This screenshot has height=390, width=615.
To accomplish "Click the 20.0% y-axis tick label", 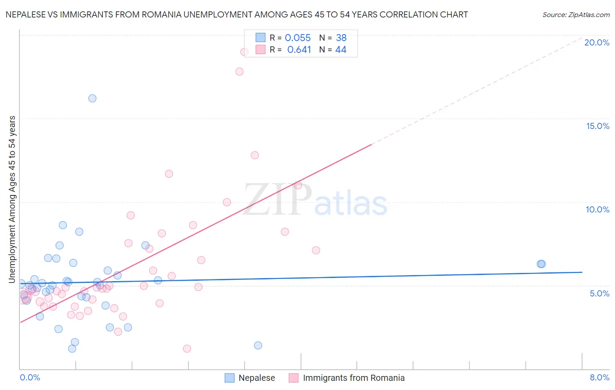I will click(597, 42).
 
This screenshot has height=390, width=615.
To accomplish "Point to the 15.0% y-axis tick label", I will click(598, 126).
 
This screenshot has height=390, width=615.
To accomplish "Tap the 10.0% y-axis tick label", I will click(598, 209).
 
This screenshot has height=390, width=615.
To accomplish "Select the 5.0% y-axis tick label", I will click(599, 293).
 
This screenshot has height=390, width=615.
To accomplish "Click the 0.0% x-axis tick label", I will click(30, 377).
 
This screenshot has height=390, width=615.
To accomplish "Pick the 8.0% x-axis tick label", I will click(599, 377).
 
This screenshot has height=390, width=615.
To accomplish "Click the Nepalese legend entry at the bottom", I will click(256, 378).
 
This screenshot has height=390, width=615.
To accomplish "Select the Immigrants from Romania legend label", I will click(353, 378).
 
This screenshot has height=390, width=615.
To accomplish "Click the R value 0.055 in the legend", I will click(297, 38).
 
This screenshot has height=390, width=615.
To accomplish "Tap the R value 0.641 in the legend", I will click(299, 50).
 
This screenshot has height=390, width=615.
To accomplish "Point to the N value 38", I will click(341, 38).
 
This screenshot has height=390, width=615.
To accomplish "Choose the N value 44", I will click(341, 50).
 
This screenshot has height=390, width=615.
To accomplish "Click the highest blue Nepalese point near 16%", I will click(92, 98).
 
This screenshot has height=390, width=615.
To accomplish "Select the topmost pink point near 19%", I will click(244, 52).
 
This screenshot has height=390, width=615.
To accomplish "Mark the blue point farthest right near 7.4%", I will click(541, 264).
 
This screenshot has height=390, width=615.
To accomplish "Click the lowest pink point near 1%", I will click(187, 348).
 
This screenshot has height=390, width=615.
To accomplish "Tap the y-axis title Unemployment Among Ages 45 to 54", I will click(12, 199).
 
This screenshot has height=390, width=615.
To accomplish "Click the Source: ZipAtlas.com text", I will click(576, 15).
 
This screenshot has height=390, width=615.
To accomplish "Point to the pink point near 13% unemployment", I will click(255, 155).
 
